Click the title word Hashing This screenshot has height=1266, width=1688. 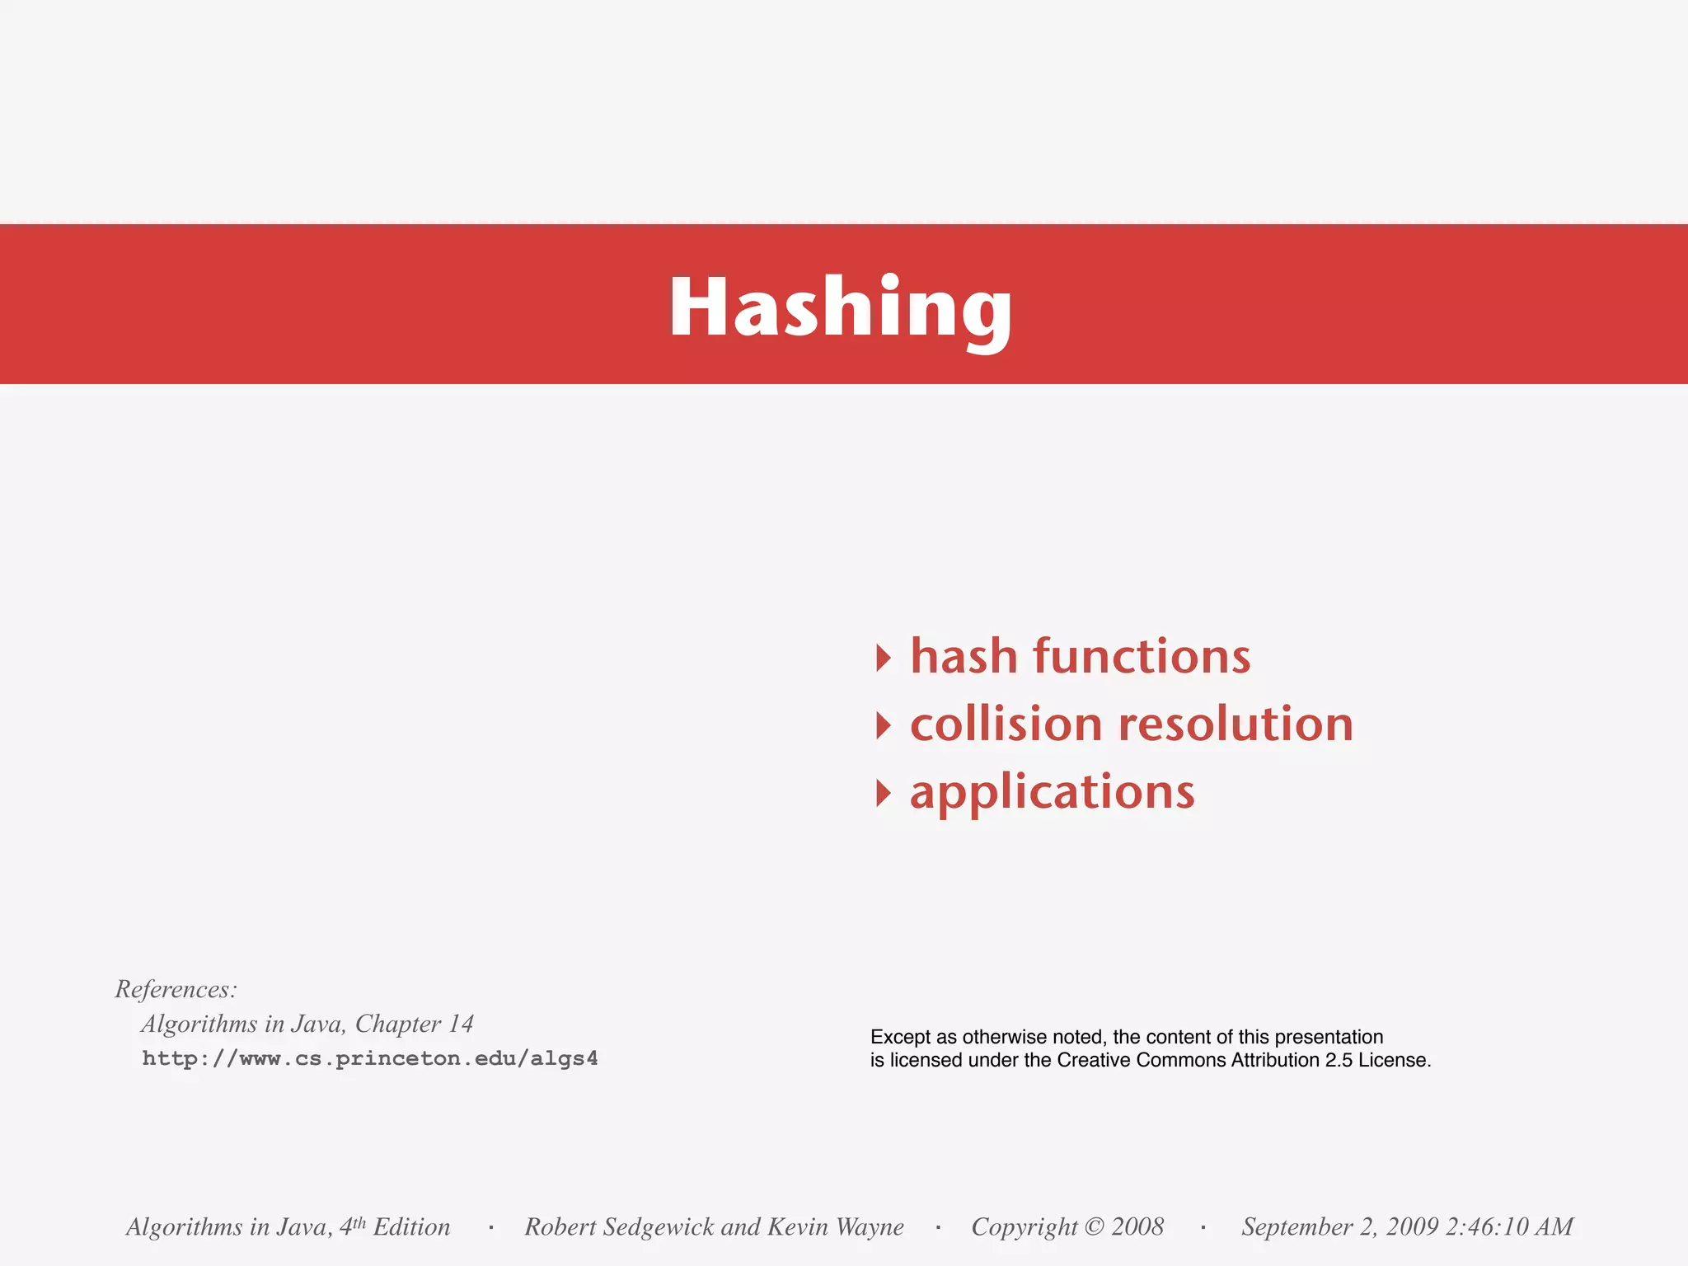841,307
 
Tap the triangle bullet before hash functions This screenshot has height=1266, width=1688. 883,658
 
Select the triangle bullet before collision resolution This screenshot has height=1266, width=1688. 883,725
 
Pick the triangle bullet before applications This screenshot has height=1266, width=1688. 883,793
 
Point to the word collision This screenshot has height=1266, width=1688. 1006,724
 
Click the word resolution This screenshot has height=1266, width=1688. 1236,724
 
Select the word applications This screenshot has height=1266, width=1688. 1052,793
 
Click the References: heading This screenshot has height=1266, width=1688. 176,989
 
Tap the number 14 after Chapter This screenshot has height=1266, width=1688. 460,1024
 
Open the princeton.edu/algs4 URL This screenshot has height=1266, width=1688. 370,1058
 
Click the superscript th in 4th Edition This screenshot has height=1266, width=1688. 359,1222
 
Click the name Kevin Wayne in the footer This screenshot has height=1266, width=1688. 835,1227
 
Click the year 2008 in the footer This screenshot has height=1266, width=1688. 1137,1227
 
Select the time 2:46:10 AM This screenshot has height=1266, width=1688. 1509,1227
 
